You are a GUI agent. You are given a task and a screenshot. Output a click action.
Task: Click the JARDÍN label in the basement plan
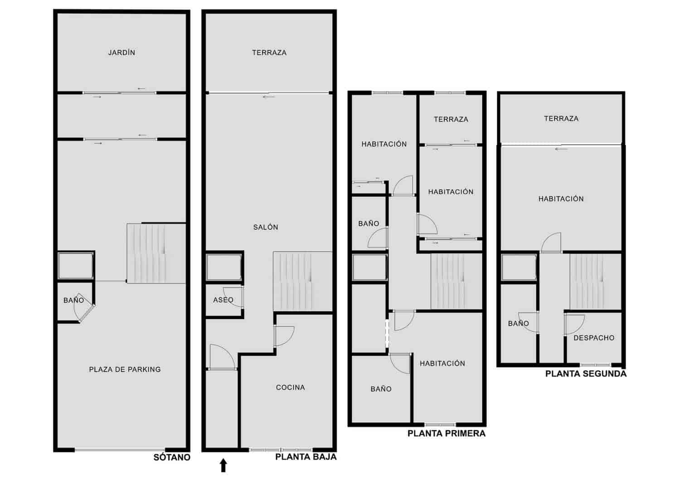[x=121, y=53]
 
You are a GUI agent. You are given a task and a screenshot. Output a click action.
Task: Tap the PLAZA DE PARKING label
[x=125, y=369]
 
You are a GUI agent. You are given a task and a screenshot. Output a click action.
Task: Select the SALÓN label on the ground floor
[x=266, y=227]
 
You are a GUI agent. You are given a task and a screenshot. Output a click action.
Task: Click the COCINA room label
[x=291, y=388]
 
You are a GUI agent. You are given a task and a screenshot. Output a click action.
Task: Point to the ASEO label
[x=223, y=300]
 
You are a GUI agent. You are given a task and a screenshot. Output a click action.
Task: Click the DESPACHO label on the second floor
[x=594, y=338]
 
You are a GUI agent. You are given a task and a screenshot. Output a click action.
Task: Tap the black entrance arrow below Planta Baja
[x=223, y=466]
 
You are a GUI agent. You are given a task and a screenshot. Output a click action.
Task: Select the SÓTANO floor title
[x=172, y=457]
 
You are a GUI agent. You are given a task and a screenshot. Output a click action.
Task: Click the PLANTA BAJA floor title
[x=306, y=457]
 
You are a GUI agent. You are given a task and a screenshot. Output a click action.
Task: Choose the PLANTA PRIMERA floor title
[x=447, y=433]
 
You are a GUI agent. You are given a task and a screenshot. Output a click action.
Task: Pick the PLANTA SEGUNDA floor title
[x=586, y=374]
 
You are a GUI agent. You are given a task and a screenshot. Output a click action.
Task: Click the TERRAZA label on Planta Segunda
[x=561, y=119]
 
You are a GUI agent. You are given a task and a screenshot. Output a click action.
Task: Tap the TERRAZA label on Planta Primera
[x=451, y=119]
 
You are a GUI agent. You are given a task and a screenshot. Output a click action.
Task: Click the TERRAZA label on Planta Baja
[x=269, y=53]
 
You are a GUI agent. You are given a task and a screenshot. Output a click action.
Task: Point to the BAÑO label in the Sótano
[x=73, y=300]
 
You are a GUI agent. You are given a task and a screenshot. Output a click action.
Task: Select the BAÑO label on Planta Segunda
[x=518, y=324]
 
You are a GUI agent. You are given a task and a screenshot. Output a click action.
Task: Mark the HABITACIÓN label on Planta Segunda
[x=561, y=199]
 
